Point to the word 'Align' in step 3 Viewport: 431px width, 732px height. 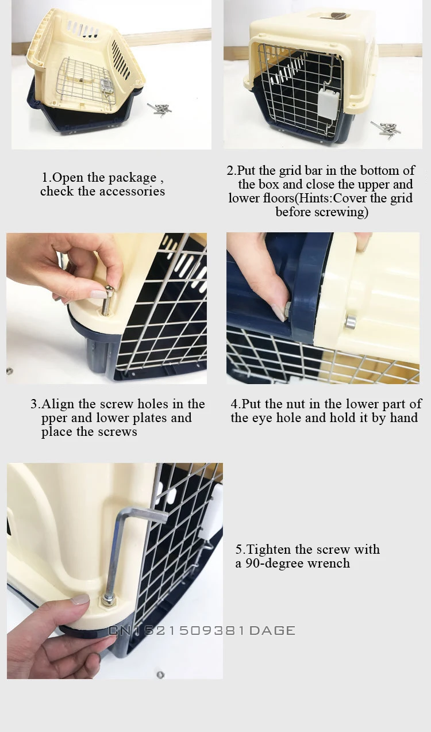pyautogui.click(x=58, y=405)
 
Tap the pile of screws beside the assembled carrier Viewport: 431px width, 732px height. pyautogui.click(x=386, y=129)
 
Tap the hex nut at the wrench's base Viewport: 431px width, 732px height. pyautogui.click(x=106, y=599)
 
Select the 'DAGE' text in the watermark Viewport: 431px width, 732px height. pyautogui.click(x=272, y=630)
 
